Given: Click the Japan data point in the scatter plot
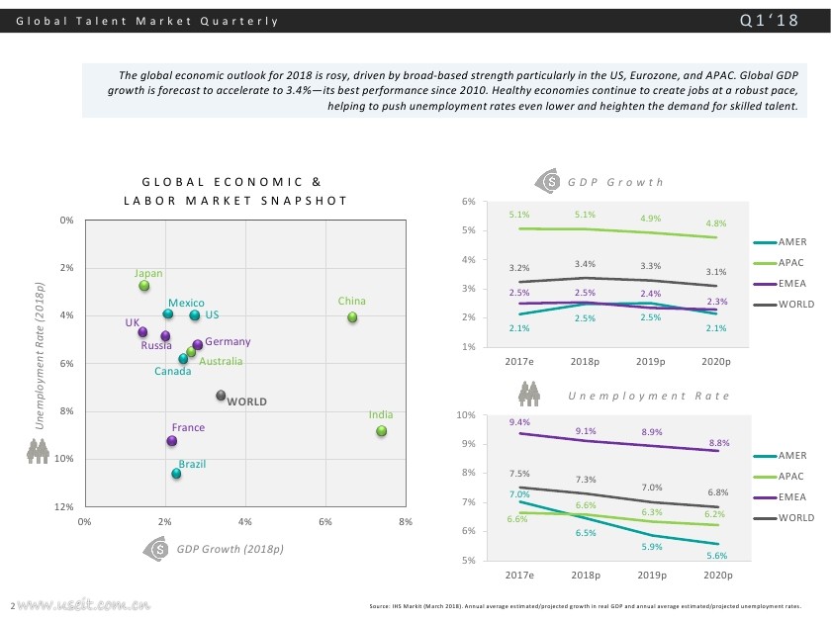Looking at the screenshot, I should click(x=144, y=286).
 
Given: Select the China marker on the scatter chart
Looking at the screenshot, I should click(x=352, y=317).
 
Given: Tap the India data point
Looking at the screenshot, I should click(x=382, y=431).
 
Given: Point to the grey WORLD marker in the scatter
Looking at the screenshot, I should click(x=222, y=396).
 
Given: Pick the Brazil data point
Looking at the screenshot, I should click(x=176, y=475).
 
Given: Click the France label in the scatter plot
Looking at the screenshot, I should click(x=188, y=428).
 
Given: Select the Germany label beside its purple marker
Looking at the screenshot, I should click(x=228, y=342).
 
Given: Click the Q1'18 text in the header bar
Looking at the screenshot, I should click(x=769, y=21).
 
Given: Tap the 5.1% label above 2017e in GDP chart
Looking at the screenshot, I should click(x=519, y=215).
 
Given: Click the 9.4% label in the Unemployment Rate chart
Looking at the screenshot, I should click(x=519, y=422).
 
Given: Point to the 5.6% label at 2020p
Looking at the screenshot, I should click(x=717, y=556).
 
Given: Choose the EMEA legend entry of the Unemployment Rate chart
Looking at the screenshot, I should click(x=792, y=497).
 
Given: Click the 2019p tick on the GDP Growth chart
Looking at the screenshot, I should click(x=651, y=361).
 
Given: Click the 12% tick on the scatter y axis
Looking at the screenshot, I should click(x=67, y=506).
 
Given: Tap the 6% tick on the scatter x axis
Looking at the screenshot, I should click(x=325, y=521).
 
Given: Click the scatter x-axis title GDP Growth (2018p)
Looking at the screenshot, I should click(x=231, y=549).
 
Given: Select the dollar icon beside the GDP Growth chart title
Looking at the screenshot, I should click(x=549, y=182).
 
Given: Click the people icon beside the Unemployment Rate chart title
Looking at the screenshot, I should click(x=530, y=394).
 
